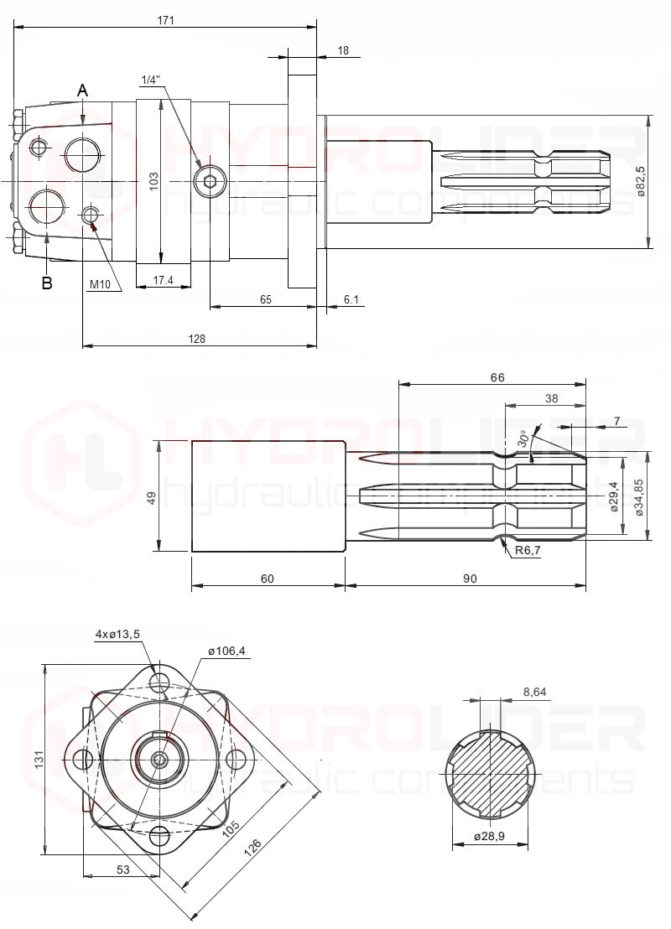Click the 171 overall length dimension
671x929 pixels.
pyautogui.click(x=165, y=19)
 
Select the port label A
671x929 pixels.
pyautogui.click(x=83, y=91)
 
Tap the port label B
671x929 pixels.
pyautogui.click(x=47, y=283)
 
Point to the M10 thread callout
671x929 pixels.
pyautogui.click(x=100, y=284)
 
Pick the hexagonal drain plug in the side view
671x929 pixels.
pyautogui.click(x=209, y=181)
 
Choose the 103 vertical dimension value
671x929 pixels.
pyautogui.click(x=153, y=181)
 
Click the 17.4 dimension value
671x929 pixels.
pyautogui.click(x=164, y=280)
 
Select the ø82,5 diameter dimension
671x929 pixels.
pyautogui.click(x=641, y=181)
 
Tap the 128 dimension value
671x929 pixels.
pyautogui.click(x=196, y=339)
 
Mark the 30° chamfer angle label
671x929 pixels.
pyautogui.click(x=523, y=438)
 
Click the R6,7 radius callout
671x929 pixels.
pyautogui.click(x=528, y=550)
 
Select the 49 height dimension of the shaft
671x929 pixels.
pyautogui.click(x=153, y=498)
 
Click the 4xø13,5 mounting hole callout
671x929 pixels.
pyautogui.click(x=117, y=634)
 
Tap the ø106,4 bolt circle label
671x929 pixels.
pyautogui.click(x=226, y=651)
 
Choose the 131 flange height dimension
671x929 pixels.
pyautogui.click(x=39, y=760)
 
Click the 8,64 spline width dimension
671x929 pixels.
pyautogui.click(x=534, y=692)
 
